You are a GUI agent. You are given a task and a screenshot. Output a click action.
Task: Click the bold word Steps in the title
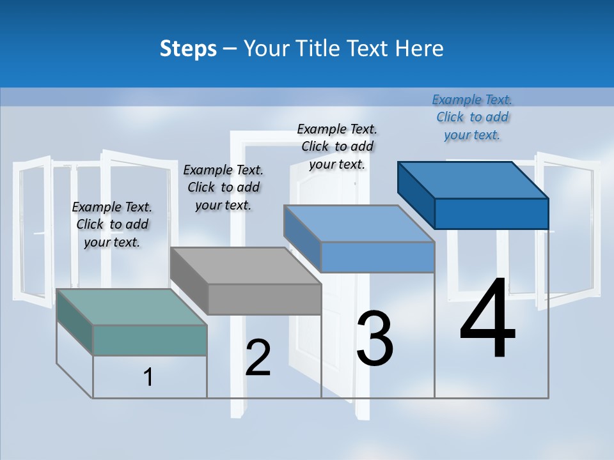coord(188,49)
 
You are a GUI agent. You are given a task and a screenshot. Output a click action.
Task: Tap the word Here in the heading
coord(418,49)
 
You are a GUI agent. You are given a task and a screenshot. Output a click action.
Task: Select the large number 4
coord(488,319)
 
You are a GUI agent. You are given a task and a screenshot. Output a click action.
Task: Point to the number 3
coord(375,338)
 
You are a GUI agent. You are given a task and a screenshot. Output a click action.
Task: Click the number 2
coord(258,358)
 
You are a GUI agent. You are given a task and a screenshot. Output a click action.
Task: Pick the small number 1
coord(148,377)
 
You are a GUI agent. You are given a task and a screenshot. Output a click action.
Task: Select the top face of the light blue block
coord(359,224)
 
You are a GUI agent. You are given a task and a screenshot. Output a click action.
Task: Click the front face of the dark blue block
coord(491,213)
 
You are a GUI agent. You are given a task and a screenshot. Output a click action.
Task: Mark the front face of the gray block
coord(264,299)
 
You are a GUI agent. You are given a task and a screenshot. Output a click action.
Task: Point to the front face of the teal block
coord(150,340)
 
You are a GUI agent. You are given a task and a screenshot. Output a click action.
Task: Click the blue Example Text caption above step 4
coord(472,117)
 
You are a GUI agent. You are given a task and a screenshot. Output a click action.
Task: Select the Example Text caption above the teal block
coord(112,224)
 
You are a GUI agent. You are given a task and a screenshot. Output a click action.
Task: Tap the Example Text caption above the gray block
coord(223,187)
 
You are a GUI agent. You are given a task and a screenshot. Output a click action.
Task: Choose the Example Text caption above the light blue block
coord(337,146)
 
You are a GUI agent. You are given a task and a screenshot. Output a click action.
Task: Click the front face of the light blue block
coord(377,257)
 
